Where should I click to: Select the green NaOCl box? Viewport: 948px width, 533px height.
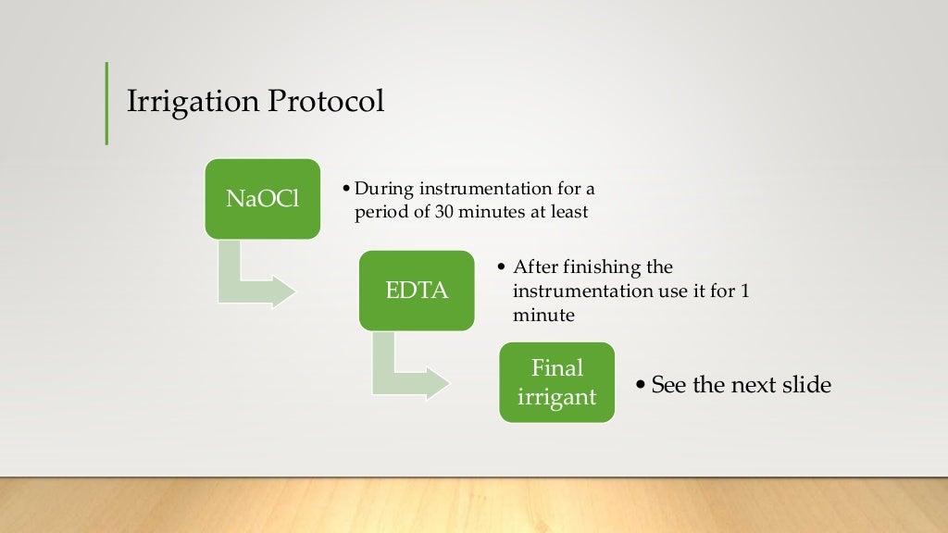[x=263, y=199]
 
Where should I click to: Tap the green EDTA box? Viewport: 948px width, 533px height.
[x=417, y=291]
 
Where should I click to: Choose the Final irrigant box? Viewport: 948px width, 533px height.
[x=556, y=383]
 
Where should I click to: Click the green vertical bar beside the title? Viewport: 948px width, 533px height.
[x=106, y=103]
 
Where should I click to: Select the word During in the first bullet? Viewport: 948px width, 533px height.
[x=384, y=190]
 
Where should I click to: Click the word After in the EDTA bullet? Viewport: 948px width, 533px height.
[x=534, y=267]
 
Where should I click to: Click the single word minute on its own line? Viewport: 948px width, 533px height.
[x=544, y=316]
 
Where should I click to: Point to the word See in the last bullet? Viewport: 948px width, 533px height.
[x=667, y=385]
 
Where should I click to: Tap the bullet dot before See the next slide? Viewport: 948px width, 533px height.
[x=641, y=385]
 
